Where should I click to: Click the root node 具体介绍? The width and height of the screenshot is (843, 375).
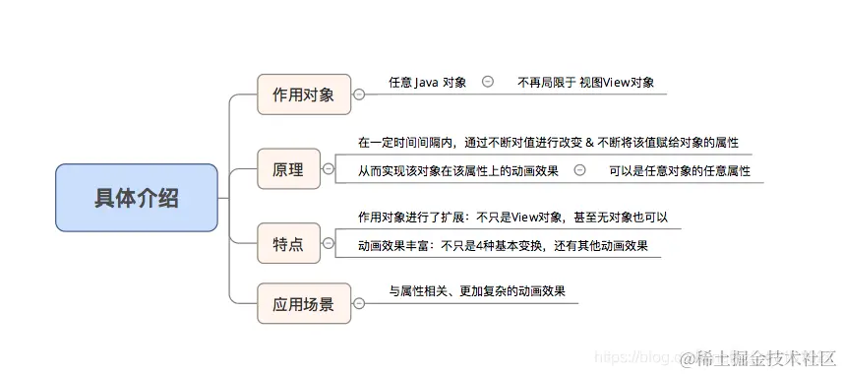coord(136,198)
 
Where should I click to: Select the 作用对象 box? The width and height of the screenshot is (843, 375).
coord(303,94)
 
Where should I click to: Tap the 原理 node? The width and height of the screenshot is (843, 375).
coord(287,170)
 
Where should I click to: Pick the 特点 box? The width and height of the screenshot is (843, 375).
coord(287,243)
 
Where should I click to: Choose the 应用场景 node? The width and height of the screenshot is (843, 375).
coord(303,303)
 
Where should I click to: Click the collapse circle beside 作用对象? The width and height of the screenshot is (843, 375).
coord(358,94)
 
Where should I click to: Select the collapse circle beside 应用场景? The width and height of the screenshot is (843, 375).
coord(358,303)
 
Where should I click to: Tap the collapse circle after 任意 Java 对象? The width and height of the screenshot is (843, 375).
coord(488,83)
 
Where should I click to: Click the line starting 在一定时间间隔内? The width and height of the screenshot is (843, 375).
coord(548,142)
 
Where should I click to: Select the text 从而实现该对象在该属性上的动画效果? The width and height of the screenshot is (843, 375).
coord(457,170)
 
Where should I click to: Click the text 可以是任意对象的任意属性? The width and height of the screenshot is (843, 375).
coord(679,170)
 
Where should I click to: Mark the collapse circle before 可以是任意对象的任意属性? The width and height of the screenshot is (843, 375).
coord(579,170)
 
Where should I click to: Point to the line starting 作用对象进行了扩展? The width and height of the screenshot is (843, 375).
coord(513,217)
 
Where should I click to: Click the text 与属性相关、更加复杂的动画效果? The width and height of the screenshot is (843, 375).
coord(477,291)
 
